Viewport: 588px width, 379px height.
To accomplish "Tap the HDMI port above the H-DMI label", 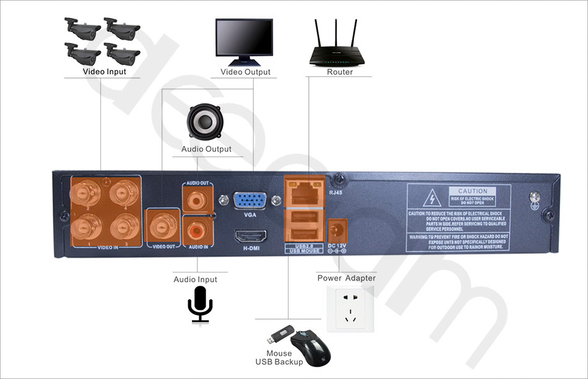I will (250, 237).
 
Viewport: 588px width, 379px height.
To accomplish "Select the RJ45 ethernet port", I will (303, 193).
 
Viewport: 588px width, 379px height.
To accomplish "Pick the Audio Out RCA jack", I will (198, 199).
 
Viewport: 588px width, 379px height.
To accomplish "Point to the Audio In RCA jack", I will (198, 231).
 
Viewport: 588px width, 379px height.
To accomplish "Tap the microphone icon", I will (200, 303).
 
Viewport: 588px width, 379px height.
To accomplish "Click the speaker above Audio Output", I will (205, 122).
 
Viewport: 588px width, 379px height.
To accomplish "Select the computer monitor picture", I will (244, 40).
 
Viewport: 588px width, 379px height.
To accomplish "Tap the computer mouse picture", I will (311, 347).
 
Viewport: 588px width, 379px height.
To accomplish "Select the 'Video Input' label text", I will (105, 72).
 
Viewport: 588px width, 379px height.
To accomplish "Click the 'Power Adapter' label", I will (346, 278).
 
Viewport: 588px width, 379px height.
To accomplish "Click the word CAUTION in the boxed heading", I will (473, 191).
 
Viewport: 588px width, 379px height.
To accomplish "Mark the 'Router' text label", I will (340, 72).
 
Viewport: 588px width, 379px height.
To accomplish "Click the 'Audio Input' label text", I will (195, 280).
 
